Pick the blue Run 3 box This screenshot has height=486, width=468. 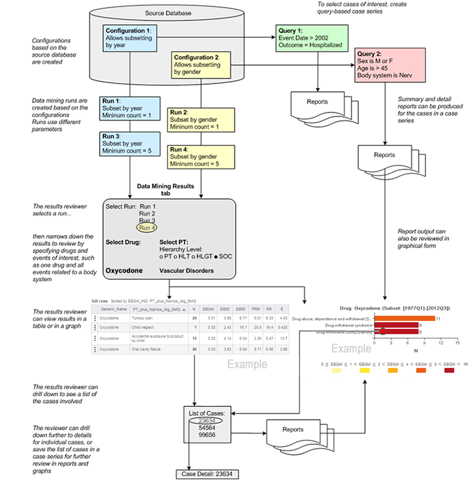click(x=127, y=144)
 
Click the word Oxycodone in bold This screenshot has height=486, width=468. click(x=123, y=271)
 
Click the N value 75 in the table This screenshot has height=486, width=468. click(x=194, y=338)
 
